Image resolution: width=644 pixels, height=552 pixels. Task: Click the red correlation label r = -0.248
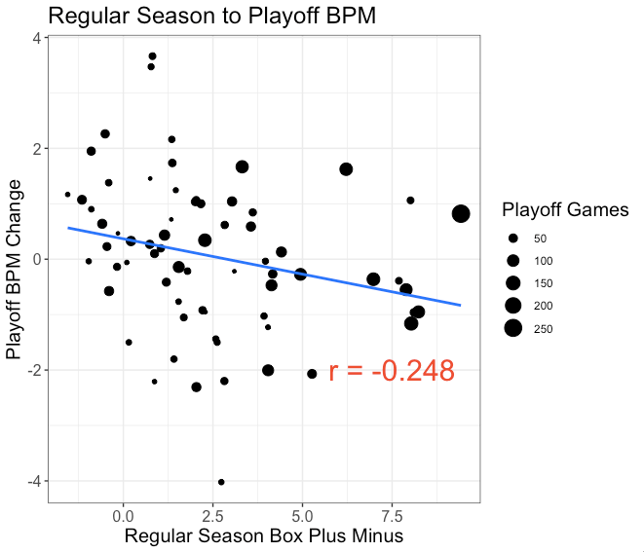coord(392,371)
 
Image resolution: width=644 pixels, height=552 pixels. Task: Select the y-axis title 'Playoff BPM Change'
coord(15,269)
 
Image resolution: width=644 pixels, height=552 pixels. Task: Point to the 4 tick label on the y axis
coord(35,38)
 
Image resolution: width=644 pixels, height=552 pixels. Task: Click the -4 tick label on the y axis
coord(32,481)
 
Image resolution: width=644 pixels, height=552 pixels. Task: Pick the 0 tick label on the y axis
coord(35,259)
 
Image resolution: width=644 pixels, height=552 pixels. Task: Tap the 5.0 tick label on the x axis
coord(302,513)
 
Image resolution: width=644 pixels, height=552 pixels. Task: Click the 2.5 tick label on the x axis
coord(212,513)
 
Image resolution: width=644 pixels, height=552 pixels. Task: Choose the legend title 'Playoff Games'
coord(564,210)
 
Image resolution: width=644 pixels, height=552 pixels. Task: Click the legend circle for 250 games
coord(512,328)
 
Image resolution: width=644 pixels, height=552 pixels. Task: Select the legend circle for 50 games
coord(512,239)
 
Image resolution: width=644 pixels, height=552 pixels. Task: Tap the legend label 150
coord(547,283)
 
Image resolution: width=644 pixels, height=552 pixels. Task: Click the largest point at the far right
coord(461,214)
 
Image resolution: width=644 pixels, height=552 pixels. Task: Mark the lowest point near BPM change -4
coord(221,482)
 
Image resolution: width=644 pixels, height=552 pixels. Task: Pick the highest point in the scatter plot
coord(152,56)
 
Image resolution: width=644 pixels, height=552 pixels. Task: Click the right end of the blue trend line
coord(460,305)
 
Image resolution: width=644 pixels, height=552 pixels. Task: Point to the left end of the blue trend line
coord(68,228)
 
